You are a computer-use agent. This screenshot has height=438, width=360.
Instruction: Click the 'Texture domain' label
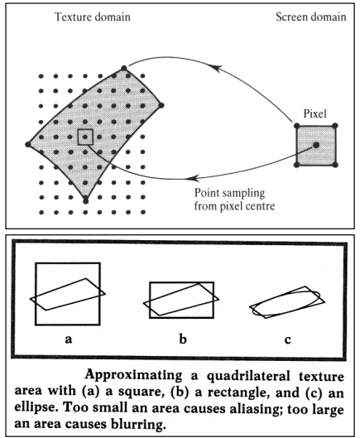coord(93,17)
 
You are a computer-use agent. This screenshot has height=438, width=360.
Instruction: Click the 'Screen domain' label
coord(311,17)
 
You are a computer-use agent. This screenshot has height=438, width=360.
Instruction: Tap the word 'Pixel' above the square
coord(314,113)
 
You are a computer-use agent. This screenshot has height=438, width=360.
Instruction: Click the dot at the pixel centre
coord(316,145)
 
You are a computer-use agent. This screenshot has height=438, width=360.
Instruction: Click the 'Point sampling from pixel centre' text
coord(234,200)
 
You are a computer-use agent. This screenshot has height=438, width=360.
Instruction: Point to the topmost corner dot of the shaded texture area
coord(123,68)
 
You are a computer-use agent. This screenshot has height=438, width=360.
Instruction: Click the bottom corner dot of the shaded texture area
coord(86,200)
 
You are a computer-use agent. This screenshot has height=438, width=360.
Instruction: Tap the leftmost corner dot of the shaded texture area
coord(28,144)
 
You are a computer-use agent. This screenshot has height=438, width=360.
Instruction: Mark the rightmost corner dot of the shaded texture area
coord(161,105)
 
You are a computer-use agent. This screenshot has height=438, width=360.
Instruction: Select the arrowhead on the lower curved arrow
coord(193,178)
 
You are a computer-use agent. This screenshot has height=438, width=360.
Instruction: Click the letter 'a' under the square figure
coord(68,339)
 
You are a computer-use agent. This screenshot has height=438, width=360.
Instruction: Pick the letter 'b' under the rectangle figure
coord(183,339)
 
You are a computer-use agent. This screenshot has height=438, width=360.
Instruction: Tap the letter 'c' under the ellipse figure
coord(288,339)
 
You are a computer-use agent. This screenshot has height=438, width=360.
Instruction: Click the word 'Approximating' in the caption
coord(133,375)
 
